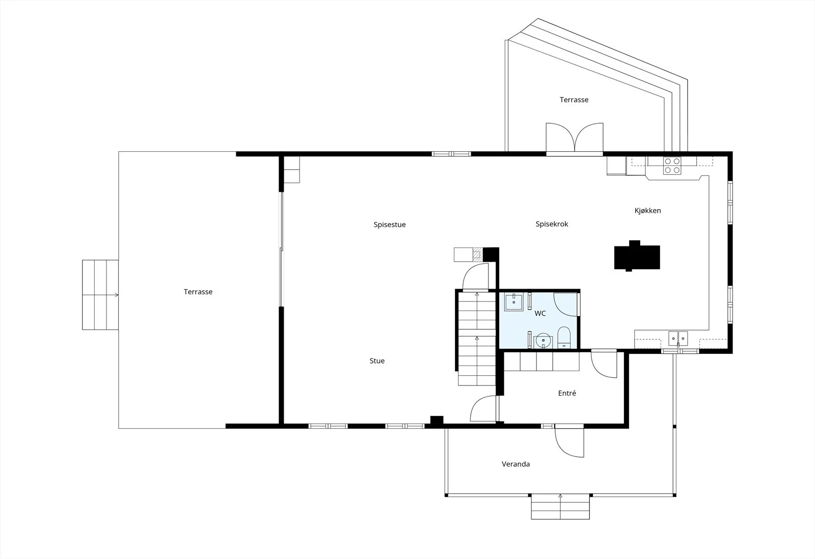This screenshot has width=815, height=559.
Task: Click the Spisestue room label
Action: click(389, 225)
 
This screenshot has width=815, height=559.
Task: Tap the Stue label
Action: click(377, 361)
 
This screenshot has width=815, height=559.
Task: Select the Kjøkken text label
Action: click(647, 211)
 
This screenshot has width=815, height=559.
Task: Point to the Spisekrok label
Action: click(552, 224)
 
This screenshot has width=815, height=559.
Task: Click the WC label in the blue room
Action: click(540, 313)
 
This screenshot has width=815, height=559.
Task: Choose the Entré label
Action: click(567, 393)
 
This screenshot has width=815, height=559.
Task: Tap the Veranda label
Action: click(515, 464)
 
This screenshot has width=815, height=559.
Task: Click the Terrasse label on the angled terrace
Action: click(574, 100)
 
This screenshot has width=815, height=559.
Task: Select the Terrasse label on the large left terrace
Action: click(198, 292)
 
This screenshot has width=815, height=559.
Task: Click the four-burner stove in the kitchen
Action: click(672, 165)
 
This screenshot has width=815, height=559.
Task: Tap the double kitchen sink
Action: click(678, 339)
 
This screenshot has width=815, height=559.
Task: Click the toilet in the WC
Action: click(564, 337)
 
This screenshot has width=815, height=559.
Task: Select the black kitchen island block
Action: click(637, 256)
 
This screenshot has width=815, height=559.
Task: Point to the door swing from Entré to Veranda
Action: click(569, 442)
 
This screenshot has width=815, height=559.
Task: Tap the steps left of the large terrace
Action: click(100, 295)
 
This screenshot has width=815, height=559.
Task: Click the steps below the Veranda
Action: click(560, 507)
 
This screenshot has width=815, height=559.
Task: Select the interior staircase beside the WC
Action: click(477, 338)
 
